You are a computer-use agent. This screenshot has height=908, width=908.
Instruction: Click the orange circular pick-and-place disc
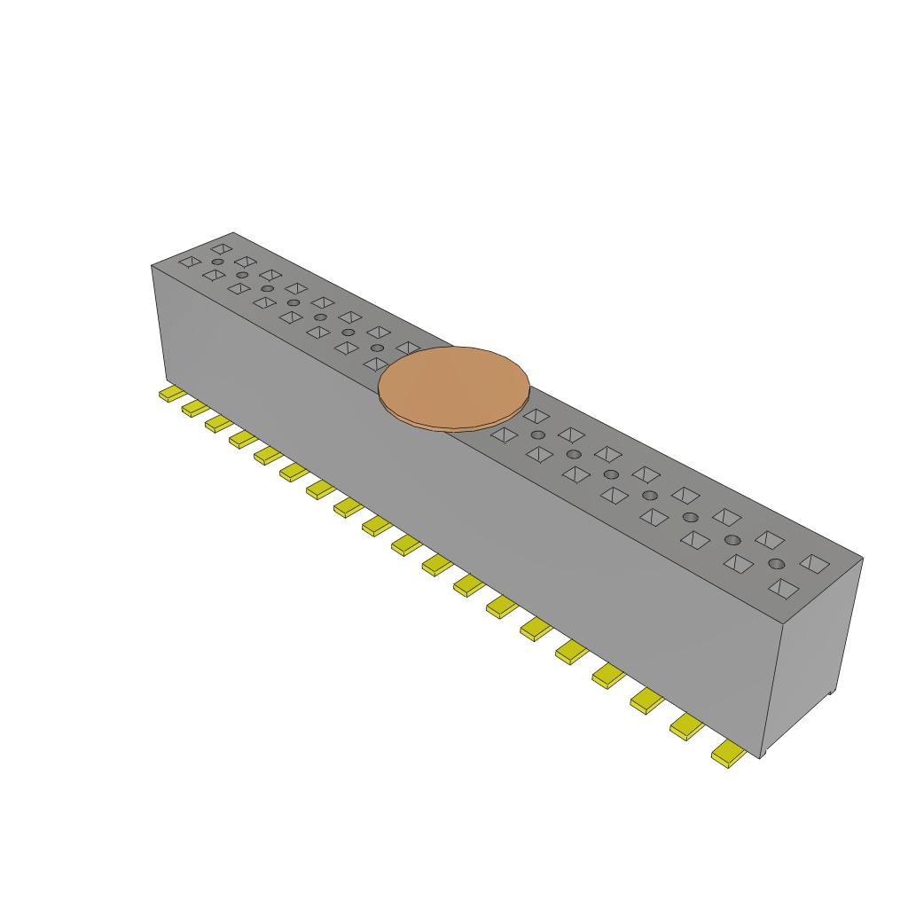(x=454, y=387)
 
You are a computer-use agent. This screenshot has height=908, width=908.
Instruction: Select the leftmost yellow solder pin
(x=171, y=393)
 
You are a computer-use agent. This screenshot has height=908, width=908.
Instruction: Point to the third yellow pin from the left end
(x=218, y=423)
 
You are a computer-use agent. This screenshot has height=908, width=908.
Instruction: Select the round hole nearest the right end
(x=777, y=564)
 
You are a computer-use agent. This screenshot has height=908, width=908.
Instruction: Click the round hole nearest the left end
(x=217, y=262)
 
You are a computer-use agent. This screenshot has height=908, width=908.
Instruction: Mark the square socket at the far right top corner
(x=814, y=562)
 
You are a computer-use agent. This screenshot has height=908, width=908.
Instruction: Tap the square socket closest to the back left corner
(x=222, y=249)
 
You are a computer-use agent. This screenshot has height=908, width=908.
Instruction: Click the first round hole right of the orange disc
(x=537, y=434)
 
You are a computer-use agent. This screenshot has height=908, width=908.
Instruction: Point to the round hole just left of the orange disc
(x=377, y=348)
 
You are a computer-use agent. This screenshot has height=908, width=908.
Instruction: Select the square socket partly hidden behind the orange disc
(x=408, y=348)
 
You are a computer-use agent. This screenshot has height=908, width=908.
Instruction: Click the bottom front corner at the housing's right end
(x=761, y=756)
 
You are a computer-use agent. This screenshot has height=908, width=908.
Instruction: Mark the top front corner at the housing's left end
(x=152, y=265)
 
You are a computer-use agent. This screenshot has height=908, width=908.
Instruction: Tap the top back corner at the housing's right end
(x=863, y=558)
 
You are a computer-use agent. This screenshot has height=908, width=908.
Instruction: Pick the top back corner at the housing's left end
(x=233, y=232)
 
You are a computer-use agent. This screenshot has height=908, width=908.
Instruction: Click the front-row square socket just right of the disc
(x=504, y=434)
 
